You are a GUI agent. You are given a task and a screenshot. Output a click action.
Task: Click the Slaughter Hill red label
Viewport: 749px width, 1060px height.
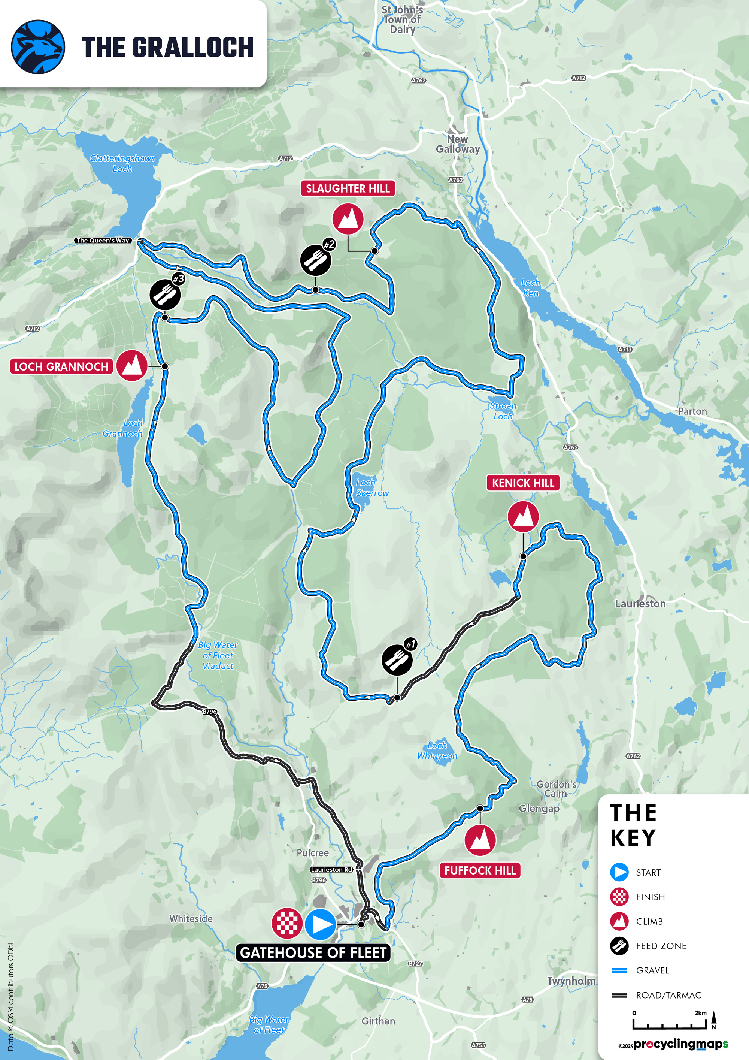(x=348, y=188)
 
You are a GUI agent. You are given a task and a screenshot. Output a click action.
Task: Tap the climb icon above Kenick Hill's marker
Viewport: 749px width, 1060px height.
(x=523, y=516)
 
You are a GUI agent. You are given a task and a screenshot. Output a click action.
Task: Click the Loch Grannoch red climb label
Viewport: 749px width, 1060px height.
(x=61, y=366)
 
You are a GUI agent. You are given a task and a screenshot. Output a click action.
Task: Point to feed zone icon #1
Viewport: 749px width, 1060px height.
(x=397, y=660)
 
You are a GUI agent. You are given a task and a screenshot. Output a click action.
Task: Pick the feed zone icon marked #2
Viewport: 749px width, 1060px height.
(x=316, y=260)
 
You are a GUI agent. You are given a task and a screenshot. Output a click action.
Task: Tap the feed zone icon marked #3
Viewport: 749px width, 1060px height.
(x=165, y=295)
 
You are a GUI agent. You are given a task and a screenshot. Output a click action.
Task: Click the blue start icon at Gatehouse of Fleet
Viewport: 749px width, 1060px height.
(x=320, y=924)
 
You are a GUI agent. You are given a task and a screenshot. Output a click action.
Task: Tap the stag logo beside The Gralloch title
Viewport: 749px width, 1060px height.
(x=38, y=46)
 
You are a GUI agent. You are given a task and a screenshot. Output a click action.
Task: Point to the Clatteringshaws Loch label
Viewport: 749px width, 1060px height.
(x=122, y=163)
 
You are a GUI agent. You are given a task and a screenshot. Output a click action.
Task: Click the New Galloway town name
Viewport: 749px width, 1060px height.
(x=458, y=144)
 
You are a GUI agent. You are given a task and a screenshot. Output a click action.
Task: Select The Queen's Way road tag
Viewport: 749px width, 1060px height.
(x=103, y=241)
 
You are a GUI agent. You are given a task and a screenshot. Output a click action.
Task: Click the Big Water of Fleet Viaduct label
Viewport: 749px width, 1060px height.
(x=218, y=655)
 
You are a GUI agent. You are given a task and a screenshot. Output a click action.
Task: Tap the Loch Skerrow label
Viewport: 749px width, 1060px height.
(x=372, y=487)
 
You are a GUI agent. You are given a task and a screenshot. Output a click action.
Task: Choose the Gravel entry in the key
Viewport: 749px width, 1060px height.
(x=652, y=970)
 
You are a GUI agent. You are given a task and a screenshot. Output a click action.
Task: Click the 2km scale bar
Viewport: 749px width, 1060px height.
(x=669, y=1023)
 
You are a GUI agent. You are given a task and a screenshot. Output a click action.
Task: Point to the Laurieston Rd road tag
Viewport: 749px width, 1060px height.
(x=331, y=869)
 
